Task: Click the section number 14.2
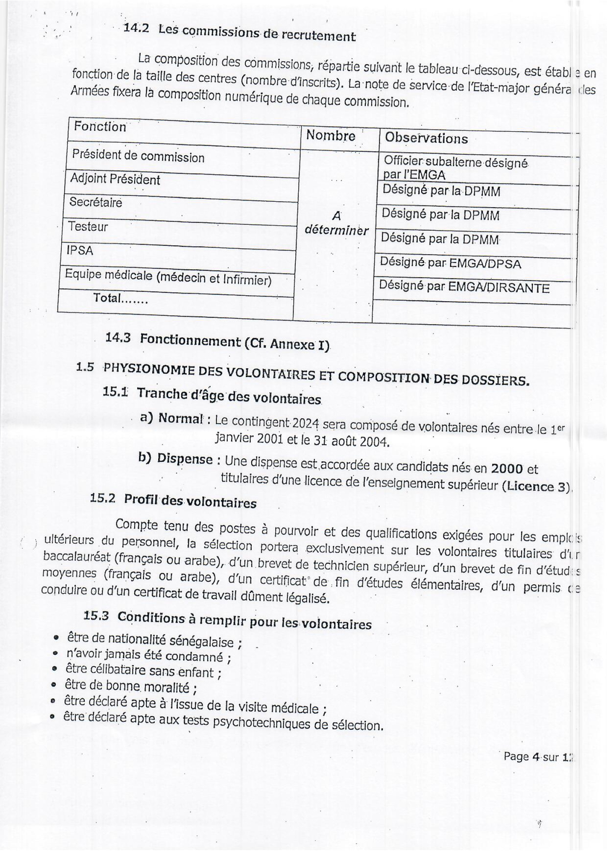[x=136, y=29]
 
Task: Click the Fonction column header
[x=100, y=126]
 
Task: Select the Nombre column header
[x=331, y=135]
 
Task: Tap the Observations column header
[x=426, y=138]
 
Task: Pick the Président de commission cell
[x=138, y=156]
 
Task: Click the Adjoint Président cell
[x=115, y=179]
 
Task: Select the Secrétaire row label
[x=96, y=202]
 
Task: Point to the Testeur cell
[x=88, y=226]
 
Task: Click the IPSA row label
[x=80, y=250]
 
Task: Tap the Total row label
[x=120, y=298]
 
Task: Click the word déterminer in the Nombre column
[x=337, y=230]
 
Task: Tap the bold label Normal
[x=181, y=418]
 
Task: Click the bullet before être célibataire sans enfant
[x=55, y=669]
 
